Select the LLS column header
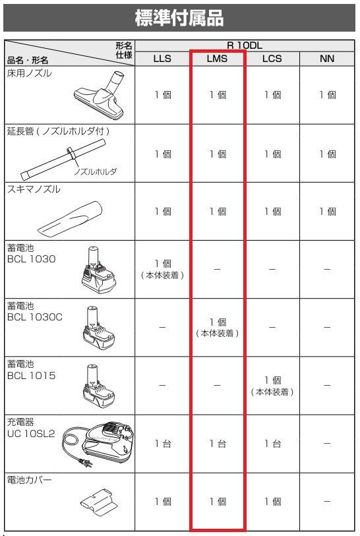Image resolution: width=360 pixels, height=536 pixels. pos(162,58)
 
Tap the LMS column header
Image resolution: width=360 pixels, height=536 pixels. pos(217,58)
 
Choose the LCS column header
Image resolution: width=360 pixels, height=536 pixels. pos(272,58)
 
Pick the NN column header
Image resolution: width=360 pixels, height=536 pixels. pos(327,58)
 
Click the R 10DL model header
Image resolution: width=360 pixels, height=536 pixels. pos(244,45)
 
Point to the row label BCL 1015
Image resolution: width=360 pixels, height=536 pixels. pos(30,376)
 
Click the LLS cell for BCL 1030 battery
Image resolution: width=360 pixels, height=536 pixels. pos(162,268)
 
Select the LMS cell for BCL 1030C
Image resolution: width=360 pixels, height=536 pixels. pos(217,327)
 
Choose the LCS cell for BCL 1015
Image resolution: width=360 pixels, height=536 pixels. pos(272,386)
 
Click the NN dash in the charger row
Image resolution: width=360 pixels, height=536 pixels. pos(327,444)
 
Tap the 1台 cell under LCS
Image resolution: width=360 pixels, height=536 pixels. pos(272,444)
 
